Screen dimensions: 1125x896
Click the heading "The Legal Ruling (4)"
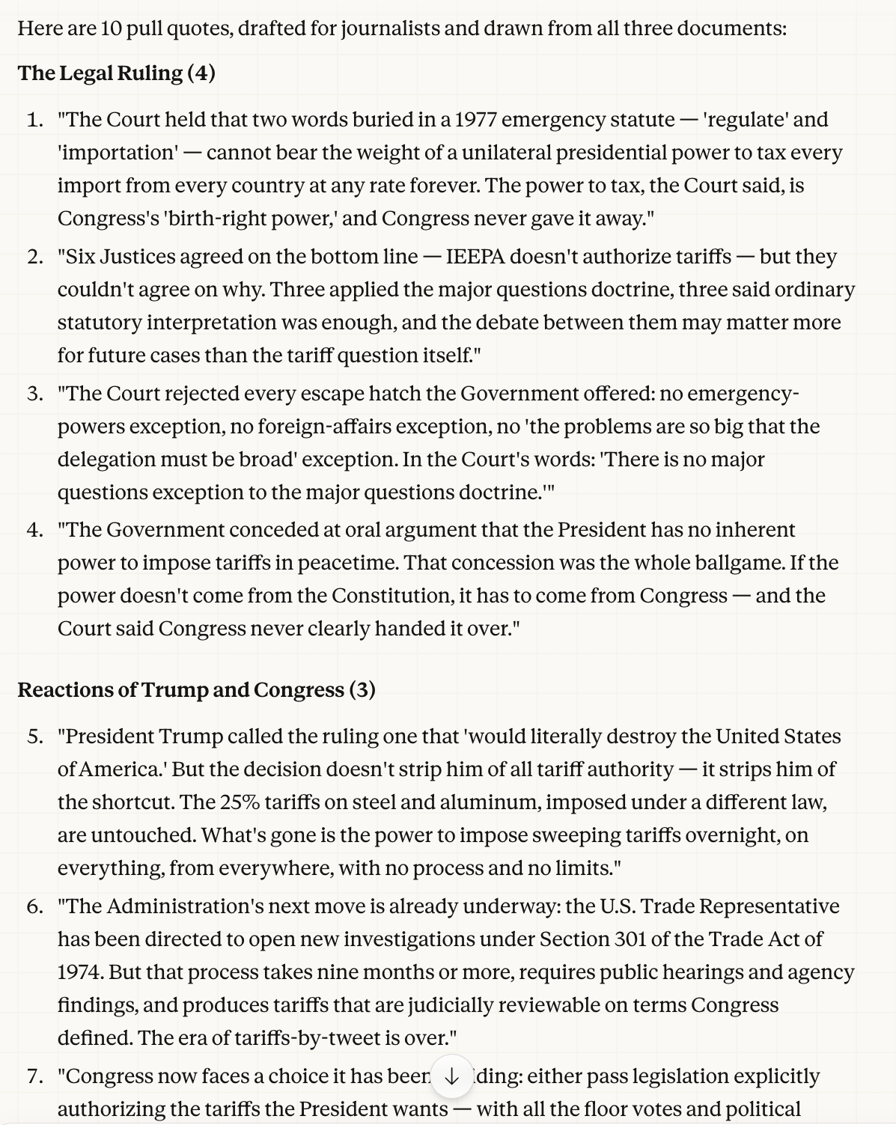pos(116,73)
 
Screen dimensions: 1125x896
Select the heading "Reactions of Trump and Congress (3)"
pos(196,689)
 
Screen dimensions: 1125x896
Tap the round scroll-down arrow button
pos(451,1076)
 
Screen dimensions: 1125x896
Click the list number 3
pos(34,394)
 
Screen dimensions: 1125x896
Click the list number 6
pos(34,906)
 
